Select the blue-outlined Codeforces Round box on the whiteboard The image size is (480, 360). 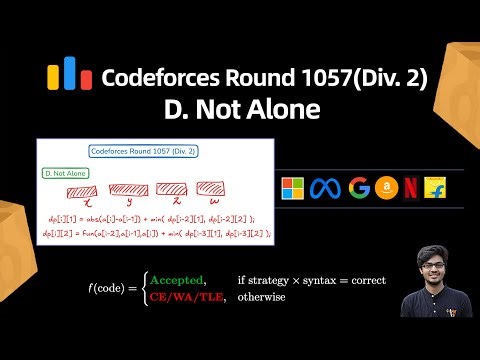(x=142, y=151)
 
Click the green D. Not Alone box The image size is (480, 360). (x=65, y=173)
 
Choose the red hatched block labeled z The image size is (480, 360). (x=173, y=189)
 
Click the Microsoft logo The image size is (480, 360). (x=293, y=188)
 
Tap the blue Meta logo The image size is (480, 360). (x=326, y=188)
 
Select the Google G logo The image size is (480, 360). (x=359, y=188)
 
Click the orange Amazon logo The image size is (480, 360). (x=387, y=188)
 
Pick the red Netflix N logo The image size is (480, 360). (x=412, y=188)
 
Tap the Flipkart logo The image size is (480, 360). (x=437, y=188)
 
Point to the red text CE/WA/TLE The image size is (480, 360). (x=185, y=297)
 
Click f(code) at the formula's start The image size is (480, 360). (x=111, y=288)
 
